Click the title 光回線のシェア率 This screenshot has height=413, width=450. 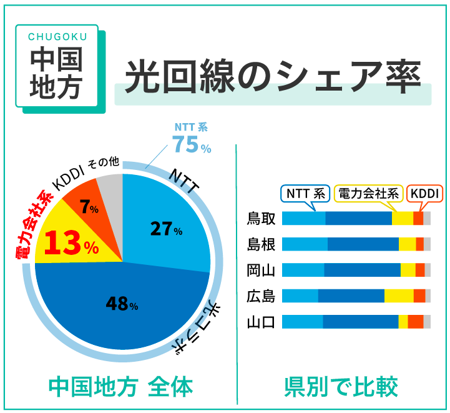272,77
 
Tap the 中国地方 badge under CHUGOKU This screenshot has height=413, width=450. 56,74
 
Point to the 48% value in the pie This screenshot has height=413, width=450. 122,304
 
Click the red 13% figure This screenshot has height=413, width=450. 71,244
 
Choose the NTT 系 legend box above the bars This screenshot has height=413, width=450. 306,194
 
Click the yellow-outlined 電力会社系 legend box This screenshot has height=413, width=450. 368,194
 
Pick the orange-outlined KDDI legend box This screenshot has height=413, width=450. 425,194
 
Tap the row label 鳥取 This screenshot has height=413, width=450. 261,219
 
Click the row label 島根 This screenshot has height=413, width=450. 261,244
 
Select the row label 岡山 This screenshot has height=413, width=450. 261,270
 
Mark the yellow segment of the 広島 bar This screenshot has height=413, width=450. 399,296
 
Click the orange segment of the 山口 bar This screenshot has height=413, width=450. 416,322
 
